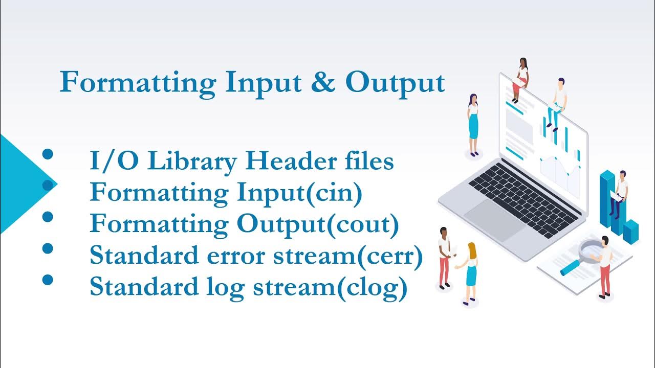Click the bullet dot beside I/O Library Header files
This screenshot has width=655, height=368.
click(x=48, y=154)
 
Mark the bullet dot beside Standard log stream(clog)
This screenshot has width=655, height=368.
click(x=48, y=280)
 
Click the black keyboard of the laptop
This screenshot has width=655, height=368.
click(x=524, y=199)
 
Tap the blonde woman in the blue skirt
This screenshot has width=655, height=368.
click(x=470, y=271)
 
